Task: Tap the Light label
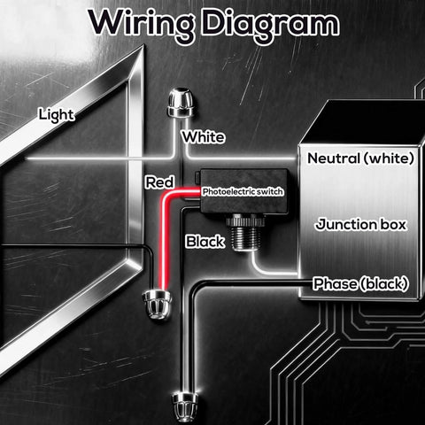point(56,114)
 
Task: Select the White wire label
point(203,137)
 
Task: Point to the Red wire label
point(158,182)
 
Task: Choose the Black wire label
point(205,241)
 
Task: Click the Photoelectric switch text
point(243,190)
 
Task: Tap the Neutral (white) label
point(360,158)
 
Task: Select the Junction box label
point(360,224)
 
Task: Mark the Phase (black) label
point(360,283)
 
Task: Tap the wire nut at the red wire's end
point(157,304)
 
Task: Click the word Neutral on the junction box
point(335,158)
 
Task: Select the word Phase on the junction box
point(335,283)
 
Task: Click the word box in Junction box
point(390,224)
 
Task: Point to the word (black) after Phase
point(383,283)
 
